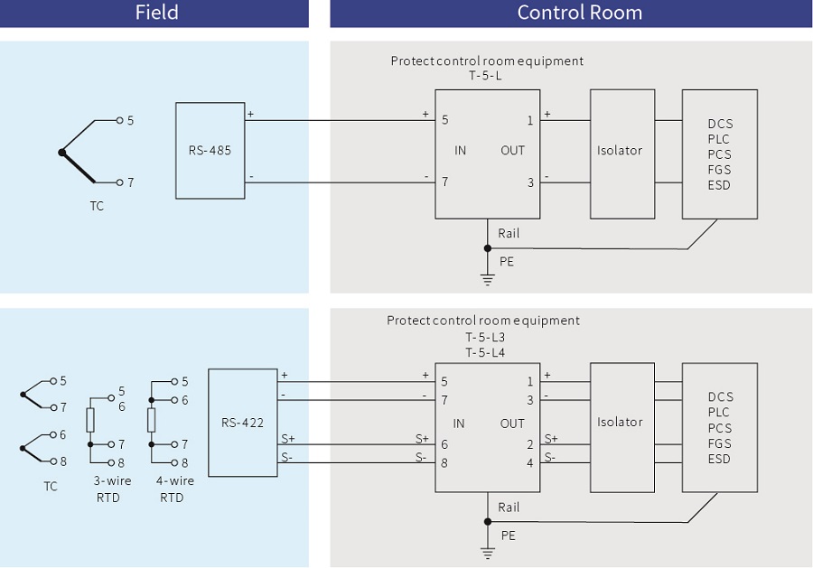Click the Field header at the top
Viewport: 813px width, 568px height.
point(156,13)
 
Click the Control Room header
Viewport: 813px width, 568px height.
point(579,13)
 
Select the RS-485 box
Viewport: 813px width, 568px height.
point(210,151)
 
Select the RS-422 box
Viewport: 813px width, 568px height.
point(242,422)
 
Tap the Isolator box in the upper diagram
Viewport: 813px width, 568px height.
point(619,151)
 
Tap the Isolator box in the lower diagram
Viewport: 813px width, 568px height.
point(619,422)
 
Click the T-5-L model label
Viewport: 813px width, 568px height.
point(486,77)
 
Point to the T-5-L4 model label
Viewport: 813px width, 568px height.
point(485,352)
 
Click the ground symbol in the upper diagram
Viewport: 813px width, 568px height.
point(488,279)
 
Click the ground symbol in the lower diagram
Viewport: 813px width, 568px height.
point(488,552)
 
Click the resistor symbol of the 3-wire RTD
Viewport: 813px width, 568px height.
point(90,420)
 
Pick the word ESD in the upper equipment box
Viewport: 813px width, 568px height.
point(719,185)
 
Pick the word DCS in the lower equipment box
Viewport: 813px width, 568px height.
point(720,397)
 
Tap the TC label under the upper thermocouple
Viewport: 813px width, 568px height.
point(97,206)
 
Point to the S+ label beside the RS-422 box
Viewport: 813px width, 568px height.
point(288,438)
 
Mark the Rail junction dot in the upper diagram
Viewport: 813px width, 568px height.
point(488,247)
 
